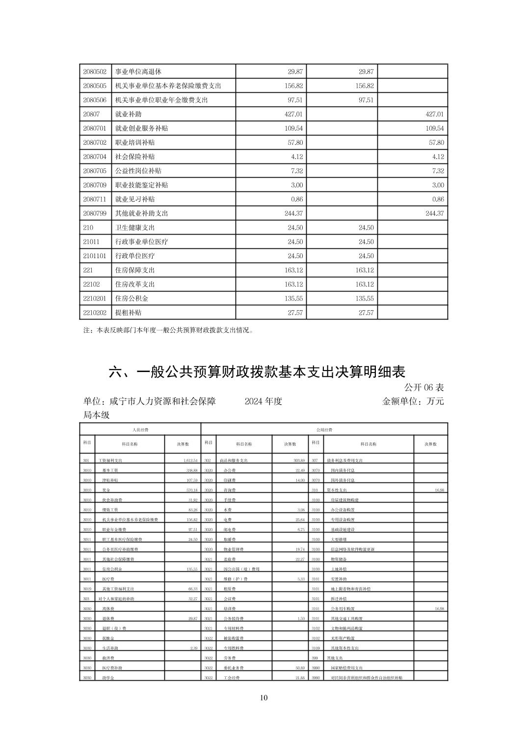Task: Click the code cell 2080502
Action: [x=95, y=72]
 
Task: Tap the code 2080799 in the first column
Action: [x=95, y=213]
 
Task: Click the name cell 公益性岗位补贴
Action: [x=138, y=171]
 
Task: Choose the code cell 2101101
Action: [x=95, y=256]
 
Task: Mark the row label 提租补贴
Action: [x=128, y=313]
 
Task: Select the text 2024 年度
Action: [x=263, y=401]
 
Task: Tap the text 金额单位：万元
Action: [x=413, y=401]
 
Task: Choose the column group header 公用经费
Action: [x=324, y=429]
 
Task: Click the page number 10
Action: [x=264, y=698]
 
